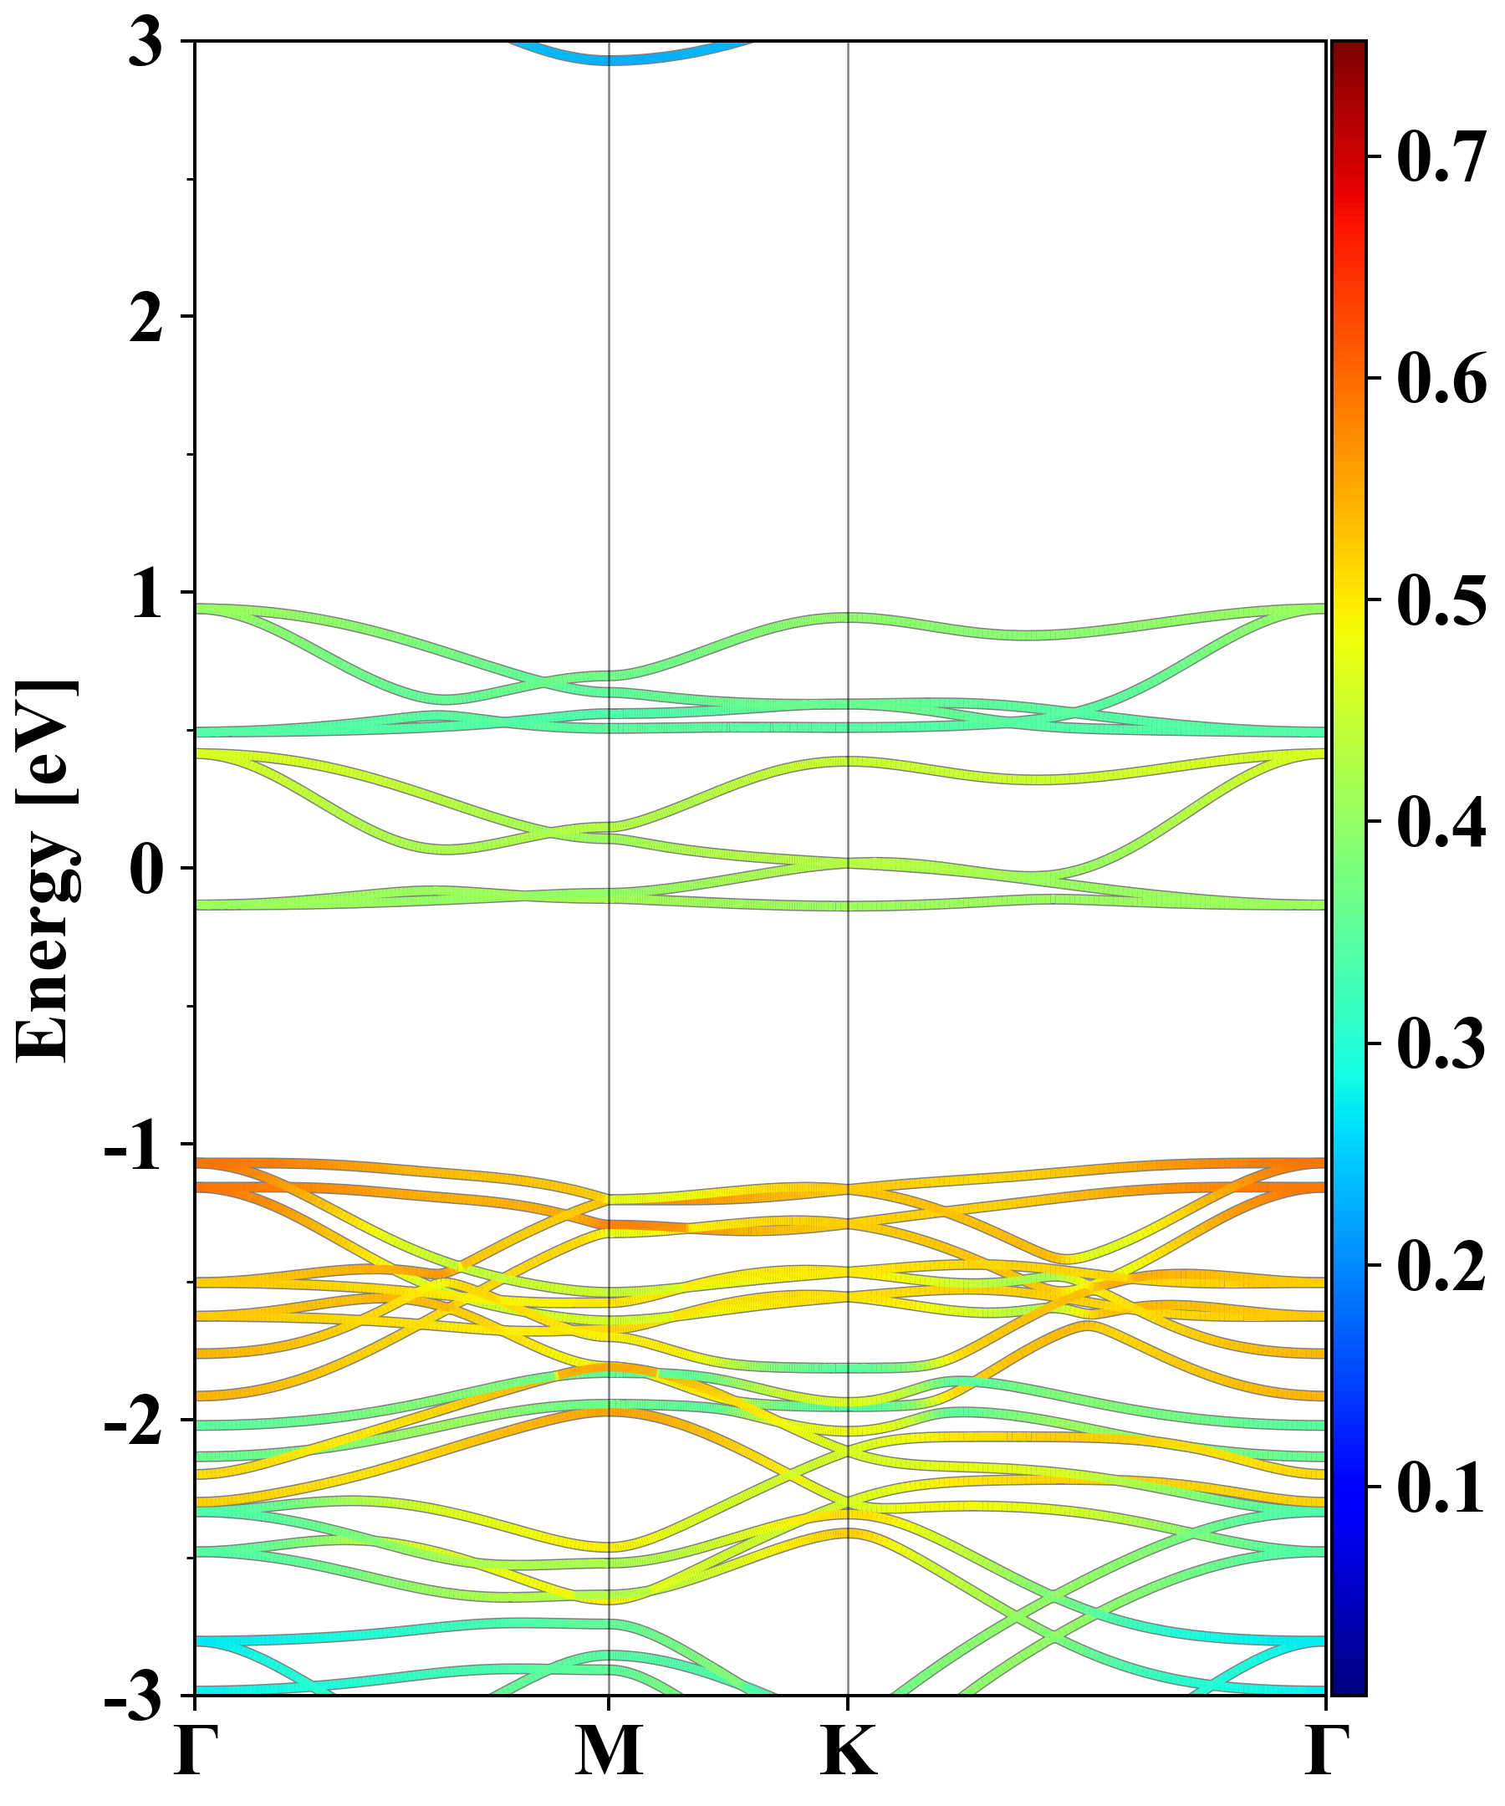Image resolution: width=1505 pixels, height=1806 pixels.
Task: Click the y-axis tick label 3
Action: pos(145,43)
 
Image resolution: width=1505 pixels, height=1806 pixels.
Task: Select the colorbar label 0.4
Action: pos(1441,822)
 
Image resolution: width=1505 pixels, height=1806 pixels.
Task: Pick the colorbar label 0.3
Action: pos(1441,1044)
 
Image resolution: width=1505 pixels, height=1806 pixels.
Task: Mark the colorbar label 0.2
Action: pos(1441,1266)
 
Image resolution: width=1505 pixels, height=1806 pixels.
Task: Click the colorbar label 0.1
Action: pos(1441,1487)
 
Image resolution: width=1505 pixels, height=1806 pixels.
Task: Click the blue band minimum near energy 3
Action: pos(610,59)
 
